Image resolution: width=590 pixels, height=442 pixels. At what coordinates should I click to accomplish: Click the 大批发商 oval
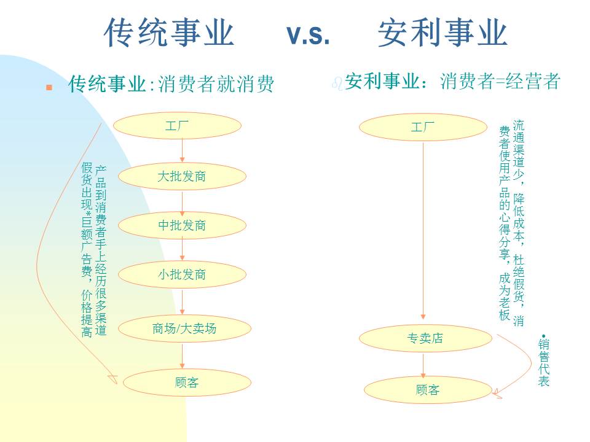tap(183, 177)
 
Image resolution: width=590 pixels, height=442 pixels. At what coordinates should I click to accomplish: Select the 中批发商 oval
tap(183, 226)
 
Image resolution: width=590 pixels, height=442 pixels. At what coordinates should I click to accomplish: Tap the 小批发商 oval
tap(183, 274)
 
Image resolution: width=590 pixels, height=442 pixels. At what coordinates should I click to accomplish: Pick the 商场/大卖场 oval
tap(185, 328)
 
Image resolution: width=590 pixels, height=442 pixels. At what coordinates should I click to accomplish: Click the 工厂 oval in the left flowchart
tap(178, 126)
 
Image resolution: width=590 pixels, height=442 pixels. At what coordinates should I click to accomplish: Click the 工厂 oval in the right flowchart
tap(423, 128)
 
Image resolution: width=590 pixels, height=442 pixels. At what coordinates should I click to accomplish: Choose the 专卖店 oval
tap(425, 338)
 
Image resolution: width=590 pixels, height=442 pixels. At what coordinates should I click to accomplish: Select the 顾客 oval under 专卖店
tap(428, 390)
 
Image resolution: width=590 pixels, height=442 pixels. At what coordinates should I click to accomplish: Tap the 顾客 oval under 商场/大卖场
tap(187, 383)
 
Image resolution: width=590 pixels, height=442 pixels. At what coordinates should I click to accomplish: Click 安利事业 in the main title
tap(443, 33)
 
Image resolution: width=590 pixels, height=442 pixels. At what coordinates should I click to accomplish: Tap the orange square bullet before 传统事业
tap(50, 88)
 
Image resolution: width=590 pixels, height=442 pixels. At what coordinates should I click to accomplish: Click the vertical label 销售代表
tap(544, 362)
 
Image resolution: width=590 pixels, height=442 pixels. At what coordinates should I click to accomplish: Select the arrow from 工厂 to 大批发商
tap(183, 151)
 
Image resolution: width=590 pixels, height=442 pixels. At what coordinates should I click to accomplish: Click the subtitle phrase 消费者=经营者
tap(500, 82)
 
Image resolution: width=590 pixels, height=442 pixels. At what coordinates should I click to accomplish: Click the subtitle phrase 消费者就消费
tap(216, 84)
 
